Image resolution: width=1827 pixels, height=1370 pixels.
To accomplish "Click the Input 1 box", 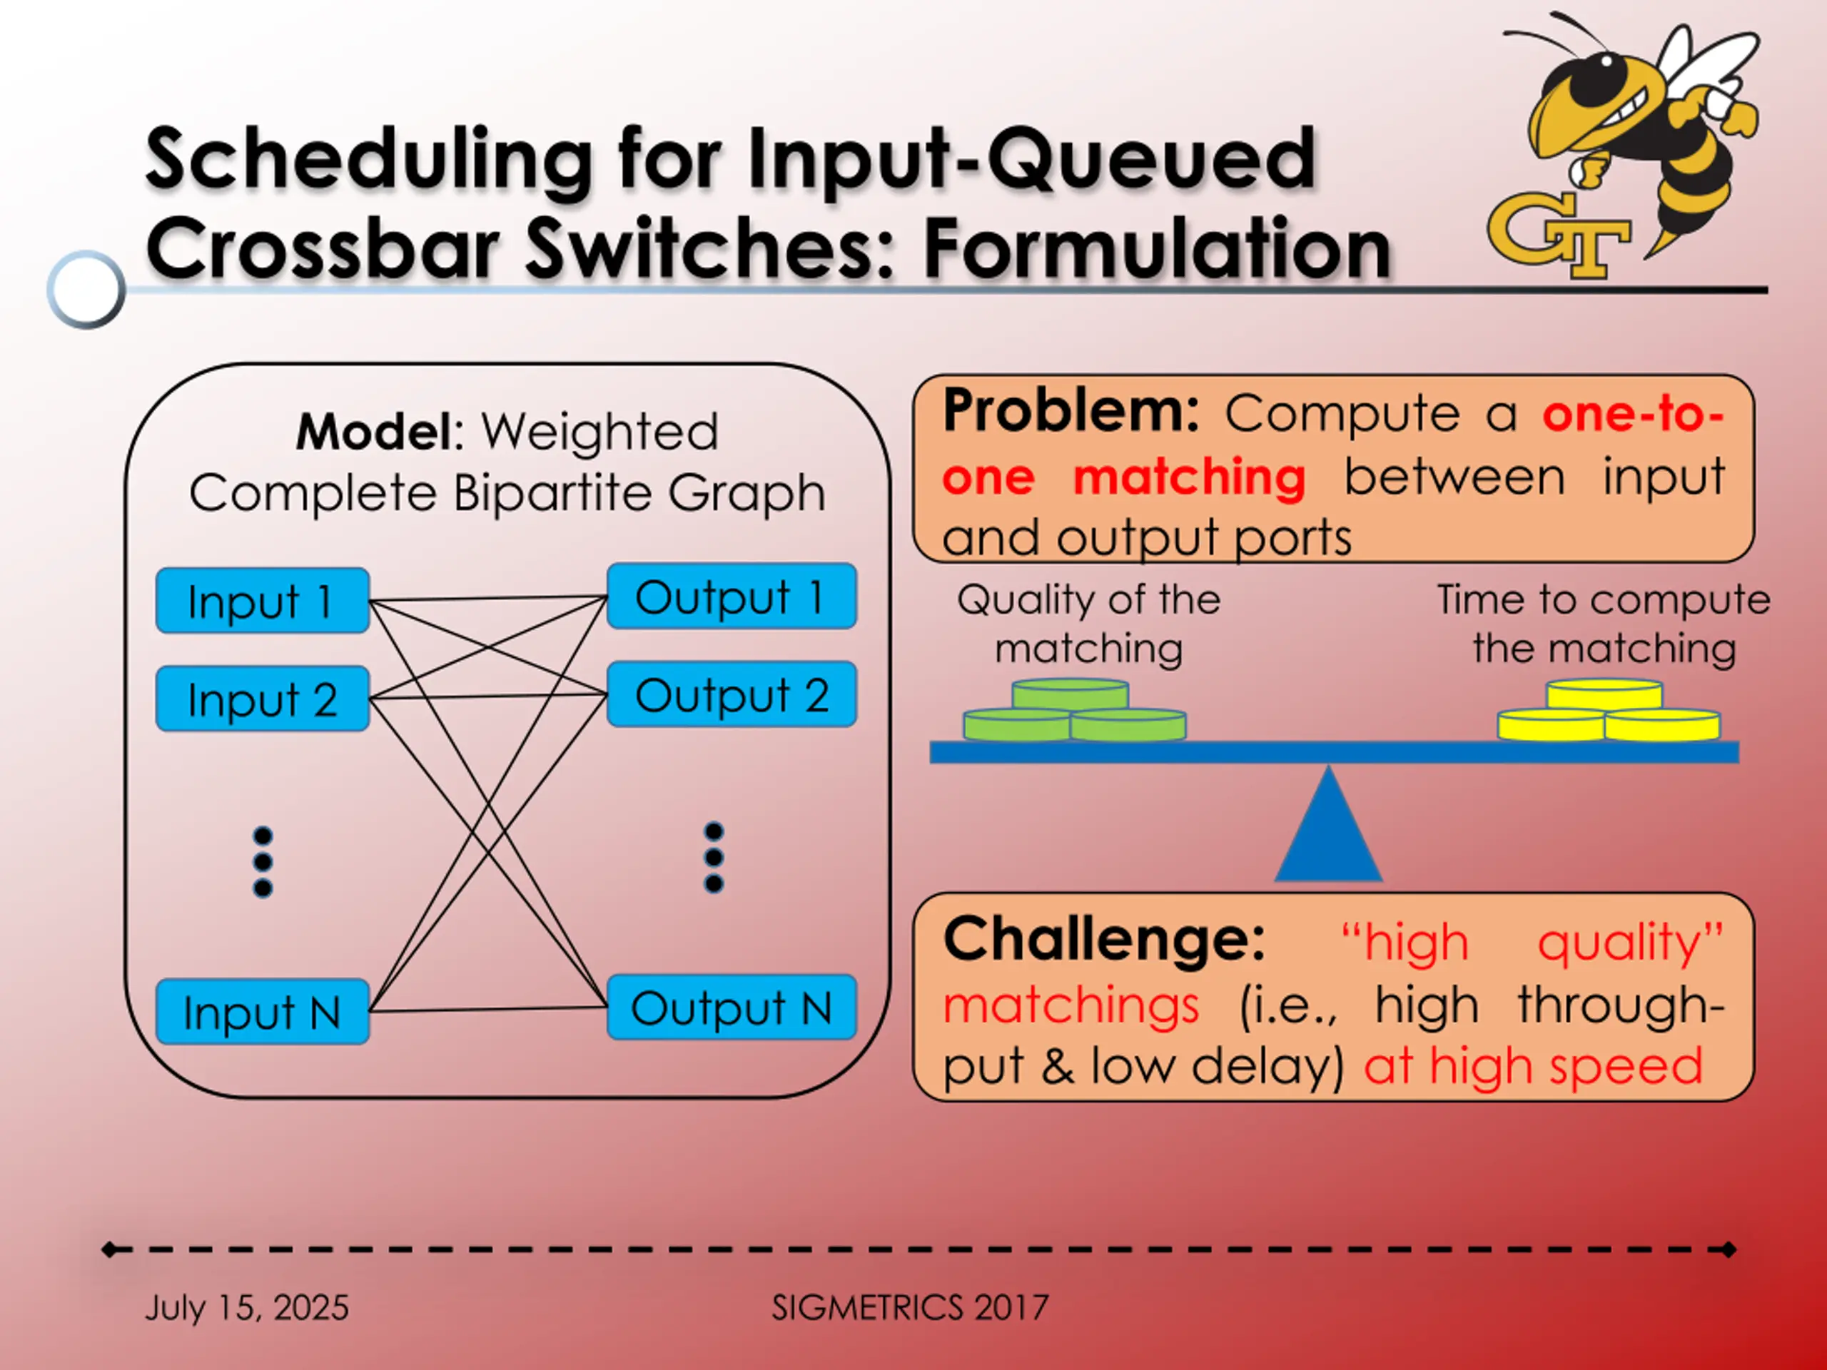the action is point(262,600).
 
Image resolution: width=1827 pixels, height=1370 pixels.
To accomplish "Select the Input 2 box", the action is point(262,699).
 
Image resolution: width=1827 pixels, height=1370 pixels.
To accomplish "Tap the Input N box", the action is point(262,1012).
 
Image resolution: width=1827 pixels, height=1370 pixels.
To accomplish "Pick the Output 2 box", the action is point(731,694).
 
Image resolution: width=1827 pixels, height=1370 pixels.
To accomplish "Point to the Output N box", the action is point(731,1008).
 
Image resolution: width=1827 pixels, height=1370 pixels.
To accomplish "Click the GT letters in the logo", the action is point(1558,235).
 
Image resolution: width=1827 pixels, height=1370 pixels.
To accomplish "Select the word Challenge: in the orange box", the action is point(1103,939).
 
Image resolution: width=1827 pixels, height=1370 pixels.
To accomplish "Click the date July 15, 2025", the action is point(247,1307).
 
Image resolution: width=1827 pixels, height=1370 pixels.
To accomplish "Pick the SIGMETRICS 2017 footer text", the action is point(909,1307).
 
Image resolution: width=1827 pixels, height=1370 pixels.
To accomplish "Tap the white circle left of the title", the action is point(86,289).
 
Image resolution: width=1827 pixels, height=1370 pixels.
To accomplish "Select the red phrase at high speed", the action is point(1533,1066).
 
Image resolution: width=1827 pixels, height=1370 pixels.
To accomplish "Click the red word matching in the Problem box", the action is point(1190,477).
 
